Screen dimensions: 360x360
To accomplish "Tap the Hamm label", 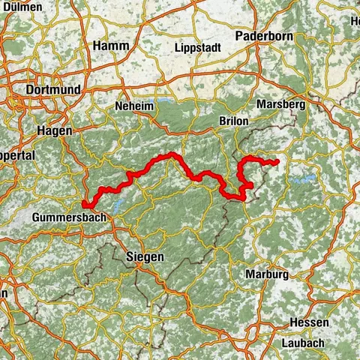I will pyautogui.click(x=111, y=46).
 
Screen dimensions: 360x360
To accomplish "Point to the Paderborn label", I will pyautogui.click(x=261, y=36).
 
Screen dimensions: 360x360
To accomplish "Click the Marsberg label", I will pyautogui.click(x=280, y=105).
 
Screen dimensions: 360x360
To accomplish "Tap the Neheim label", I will pyautogui.click(x=134, y=107).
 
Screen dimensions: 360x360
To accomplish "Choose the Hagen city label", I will pyautogui.click(x=54, y=130).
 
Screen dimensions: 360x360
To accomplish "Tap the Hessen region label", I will pyautogui.click(x=310, y=322).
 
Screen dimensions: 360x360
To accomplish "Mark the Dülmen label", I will pyautogui.click(x=22, y=5).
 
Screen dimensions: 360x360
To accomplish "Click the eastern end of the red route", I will pyautogui.click(x=277, y=162).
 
